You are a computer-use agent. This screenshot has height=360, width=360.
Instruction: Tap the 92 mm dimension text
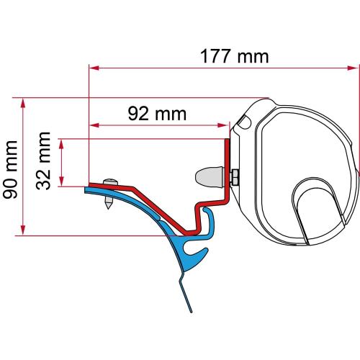[153, 114]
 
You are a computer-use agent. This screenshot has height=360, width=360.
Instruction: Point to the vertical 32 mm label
[44, 161]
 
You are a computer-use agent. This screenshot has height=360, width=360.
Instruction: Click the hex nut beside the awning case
[235, 175]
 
